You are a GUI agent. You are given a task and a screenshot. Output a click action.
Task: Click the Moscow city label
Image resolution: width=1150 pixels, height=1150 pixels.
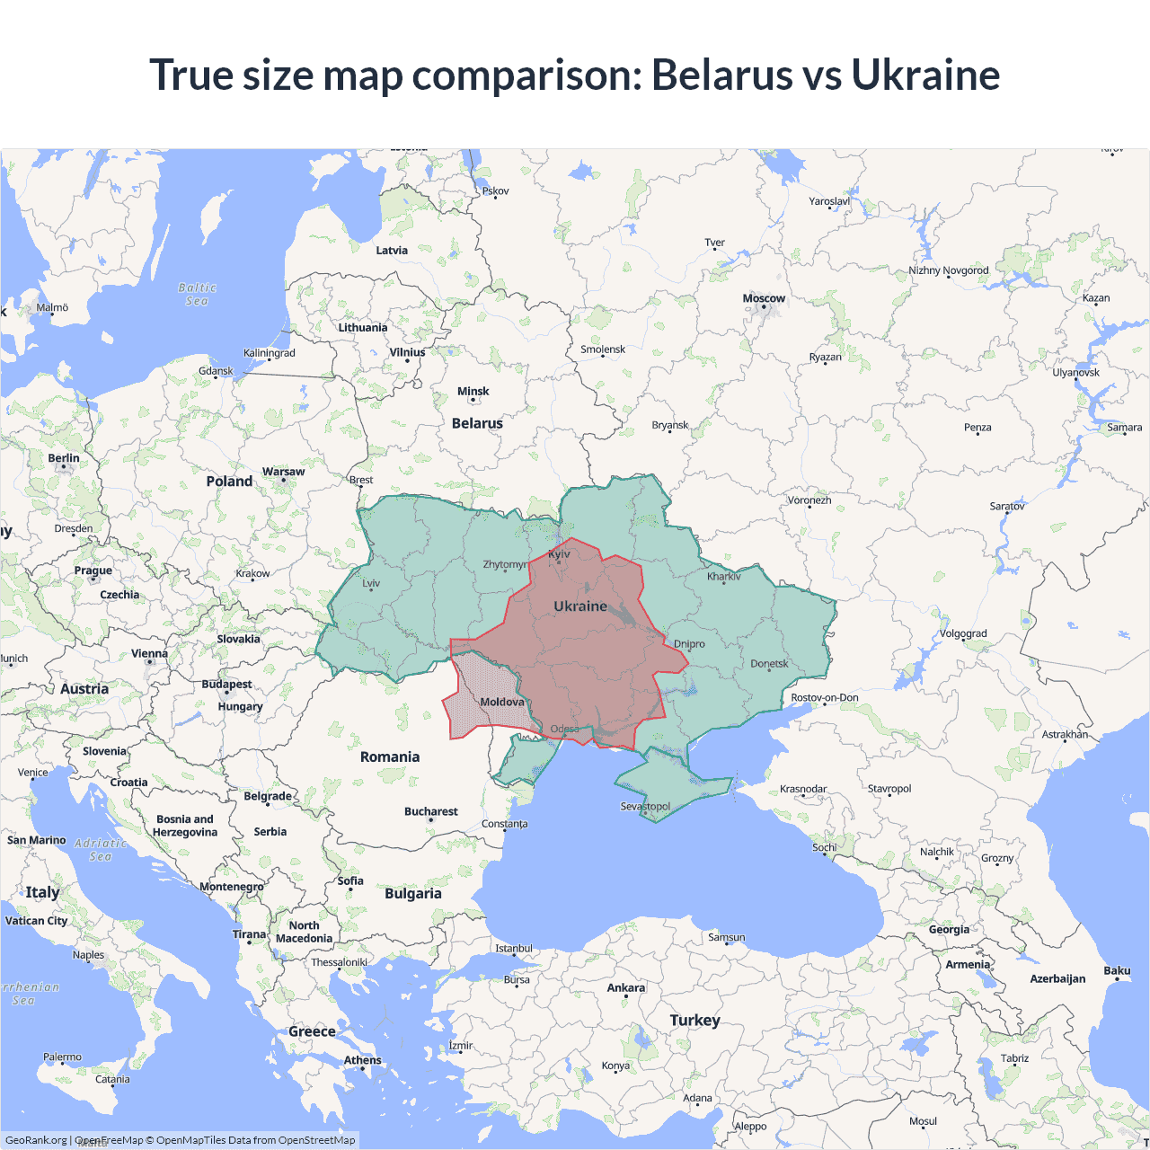click(764, 298)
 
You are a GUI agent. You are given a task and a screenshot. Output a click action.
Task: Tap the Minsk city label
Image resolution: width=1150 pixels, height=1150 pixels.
click(473, 391)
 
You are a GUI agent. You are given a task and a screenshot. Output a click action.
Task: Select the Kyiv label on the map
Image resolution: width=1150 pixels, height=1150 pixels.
click(559, 553)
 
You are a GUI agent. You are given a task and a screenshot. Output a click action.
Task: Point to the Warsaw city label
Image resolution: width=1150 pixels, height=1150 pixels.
click(283, 471)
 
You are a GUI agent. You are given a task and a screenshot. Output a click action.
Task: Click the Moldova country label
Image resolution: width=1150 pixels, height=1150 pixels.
click(501, 702)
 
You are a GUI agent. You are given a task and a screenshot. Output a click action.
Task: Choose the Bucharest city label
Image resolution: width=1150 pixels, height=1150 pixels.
click(430, 811)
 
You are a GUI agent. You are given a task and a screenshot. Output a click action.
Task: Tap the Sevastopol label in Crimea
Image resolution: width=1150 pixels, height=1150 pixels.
click(645, 806)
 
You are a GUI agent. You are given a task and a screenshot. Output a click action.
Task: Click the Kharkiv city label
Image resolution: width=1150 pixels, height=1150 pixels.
click(723, 576)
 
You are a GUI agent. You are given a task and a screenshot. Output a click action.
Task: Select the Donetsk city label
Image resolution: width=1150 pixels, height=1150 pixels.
click(769, 664)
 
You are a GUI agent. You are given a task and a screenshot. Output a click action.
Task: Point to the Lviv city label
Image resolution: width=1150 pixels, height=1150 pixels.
click(371, 583)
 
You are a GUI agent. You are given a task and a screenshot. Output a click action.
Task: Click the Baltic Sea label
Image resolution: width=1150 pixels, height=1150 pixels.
click(198, 294)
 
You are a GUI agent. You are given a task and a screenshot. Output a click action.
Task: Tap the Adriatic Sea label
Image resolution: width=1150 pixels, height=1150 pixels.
click(101, 849)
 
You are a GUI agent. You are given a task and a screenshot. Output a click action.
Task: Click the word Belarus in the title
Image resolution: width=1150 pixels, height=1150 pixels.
click(721, 75)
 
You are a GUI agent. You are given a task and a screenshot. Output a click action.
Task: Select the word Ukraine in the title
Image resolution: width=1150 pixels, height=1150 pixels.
click(925, 75)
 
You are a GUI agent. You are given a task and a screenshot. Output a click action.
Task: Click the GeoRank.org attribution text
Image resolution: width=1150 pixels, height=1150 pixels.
click(36, 1140)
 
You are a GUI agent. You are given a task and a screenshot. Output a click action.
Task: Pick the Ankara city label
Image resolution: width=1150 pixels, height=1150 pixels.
click(625, 987)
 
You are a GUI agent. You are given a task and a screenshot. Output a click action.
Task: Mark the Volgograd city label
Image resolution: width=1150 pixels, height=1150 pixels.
click(963, 633)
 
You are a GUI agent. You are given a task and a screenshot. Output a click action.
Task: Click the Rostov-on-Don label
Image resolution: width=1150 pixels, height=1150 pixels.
click(824, 697)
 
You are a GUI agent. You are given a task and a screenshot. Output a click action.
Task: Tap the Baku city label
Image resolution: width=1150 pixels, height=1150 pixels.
click(1117, 970)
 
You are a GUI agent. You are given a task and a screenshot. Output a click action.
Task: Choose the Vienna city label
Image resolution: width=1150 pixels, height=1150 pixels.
click(149, 653)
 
